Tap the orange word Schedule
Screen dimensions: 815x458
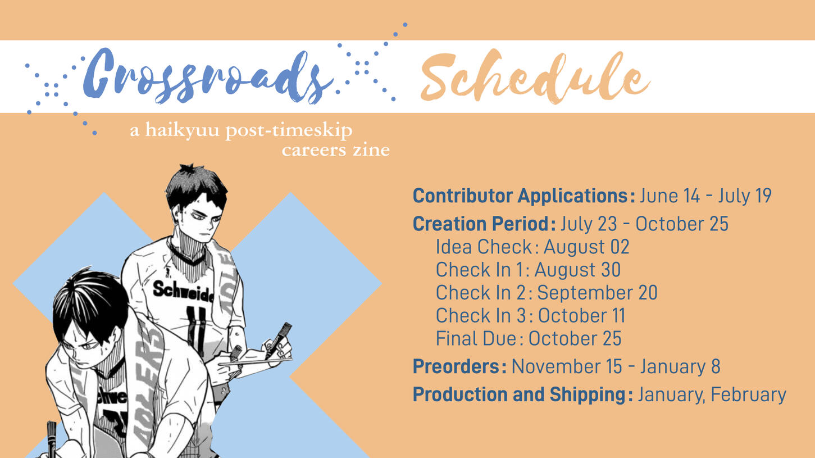tap(535, 76)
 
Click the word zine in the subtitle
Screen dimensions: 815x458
tap(371, 150)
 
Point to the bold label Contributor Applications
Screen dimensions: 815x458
tap(524, 196)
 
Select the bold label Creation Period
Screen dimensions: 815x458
tap(484, 224)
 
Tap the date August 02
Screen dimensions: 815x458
tap(586, 247)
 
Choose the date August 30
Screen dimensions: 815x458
tap(577, 270)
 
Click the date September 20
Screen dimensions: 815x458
tap(598, 293)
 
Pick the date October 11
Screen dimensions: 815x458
tap(581, 316)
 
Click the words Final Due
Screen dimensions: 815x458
tap(476, 339)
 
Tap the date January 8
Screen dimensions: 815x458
tap(680, 366)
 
